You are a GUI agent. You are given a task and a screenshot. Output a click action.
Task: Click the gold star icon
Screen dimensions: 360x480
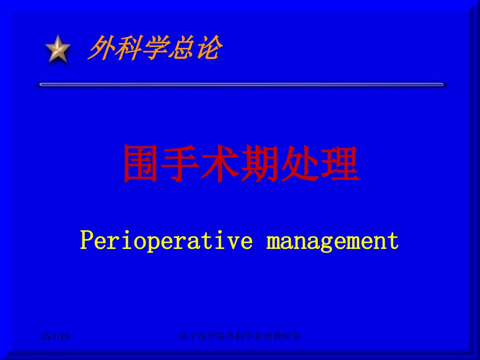[x=58, y=49]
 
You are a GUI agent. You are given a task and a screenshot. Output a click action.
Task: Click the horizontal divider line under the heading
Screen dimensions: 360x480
[x=241, y=85]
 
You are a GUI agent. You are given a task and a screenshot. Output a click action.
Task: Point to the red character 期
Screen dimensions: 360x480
[x=260, y=164]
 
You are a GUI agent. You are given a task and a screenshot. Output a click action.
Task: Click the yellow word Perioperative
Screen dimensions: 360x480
[x=166, y=241]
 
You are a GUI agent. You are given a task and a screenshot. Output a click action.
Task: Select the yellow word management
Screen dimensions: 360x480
[x=332, y=241]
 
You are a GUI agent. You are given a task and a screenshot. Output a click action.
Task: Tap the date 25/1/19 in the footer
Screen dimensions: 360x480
[x=55, y=336]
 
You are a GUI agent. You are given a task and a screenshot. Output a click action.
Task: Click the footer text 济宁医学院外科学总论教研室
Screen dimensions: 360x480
[x=240, y=336]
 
